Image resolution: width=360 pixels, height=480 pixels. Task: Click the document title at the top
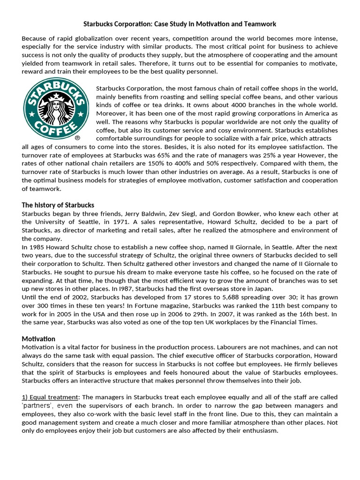click(x=180, y=23)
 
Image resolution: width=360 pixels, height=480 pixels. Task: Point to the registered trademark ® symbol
click(x=77, y=139)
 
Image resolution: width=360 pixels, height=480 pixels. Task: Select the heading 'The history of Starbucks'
click(x=58, y=205)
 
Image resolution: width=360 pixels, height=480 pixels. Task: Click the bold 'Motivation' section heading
click(x=38, y=338)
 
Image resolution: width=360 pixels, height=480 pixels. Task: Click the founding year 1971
click(x=118, y=222)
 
